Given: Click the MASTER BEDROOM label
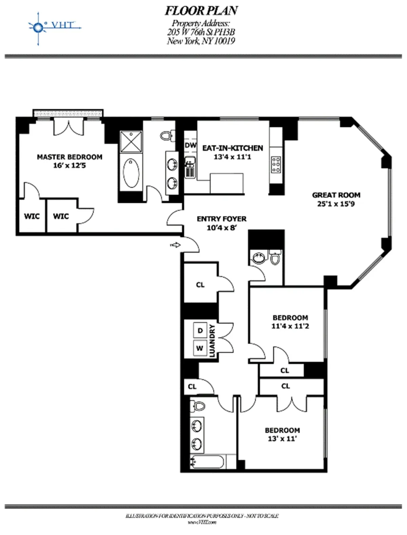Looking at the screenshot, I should click(70, 157).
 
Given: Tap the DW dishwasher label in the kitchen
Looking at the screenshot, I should click(191, 145).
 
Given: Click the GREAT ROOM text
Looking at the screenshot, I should click(336, 195).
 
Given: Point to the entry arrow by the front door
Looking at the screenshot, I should click(176, 245).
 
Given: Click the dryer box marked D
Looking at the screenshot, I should click(200, 331).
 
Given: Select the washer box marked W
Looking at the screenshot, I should click(200, 348).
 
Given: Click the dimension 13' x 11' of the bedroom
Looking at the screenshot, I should click(282, 439).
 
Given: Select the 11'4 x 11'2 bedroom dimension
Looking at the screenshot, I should click(290, 326).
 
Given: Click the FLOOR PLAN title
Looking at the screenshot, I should click(201, 11).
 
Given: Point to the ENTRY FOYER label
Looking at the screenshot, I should click(221, 219).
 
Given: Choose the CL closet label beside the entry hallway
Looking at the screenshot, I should click(200, 285).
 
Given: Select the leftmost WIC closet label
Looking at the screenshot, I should click(32, 216).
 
